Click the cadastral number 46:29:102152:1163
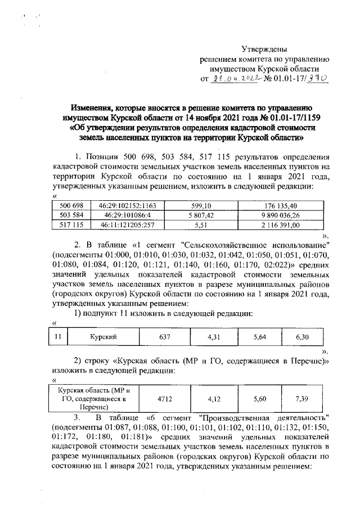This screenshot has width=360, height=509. click(x=119, y=206)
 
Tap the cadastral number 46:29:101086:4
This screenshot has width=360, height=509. click(x=119, y=215)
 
